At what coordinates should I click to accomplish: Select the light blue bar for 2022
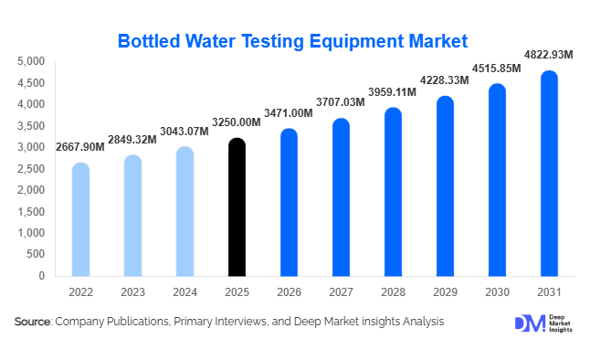click(80, 219)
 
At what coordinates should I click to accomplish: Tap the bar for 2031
click(549, 174)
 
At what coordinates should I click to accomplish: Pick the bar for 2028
click(393, 192)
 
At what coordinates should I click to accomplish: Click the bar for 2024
click(184, 211)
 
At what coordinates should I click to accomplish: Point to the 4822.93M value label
click(548, 55)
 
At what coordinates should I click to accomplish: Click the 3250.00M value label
click(237, 122)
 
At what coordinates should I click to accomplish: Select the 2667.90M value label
click(80, 147)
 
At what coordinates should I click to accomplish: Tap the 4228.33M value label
click(445, 80)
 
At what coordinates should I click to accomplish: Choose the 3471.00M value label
click(289, 112)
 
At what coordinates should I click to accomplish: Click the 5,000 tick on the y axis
click(32, 61)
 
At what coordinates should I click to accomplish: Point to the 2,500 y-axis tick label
click(32, 169)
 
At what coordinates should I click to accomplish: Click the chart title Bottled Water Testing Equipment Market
click(292, 40)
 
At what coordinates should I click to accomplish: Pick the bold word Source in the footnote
click(32, 322)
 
